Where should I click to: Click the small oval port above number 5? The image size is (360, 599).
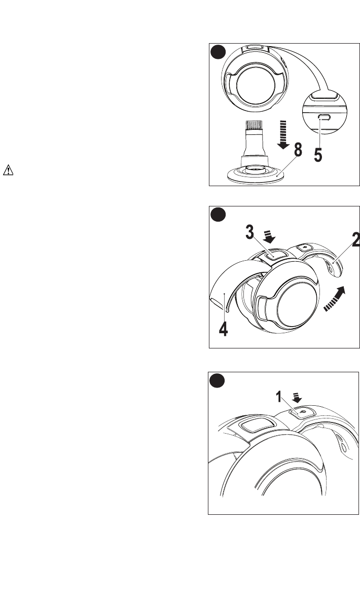pyautogui.click(x=323, y=118)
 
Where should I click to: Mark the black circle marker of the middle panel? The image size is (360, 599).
pyautogui.click(x=218, y=215)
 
